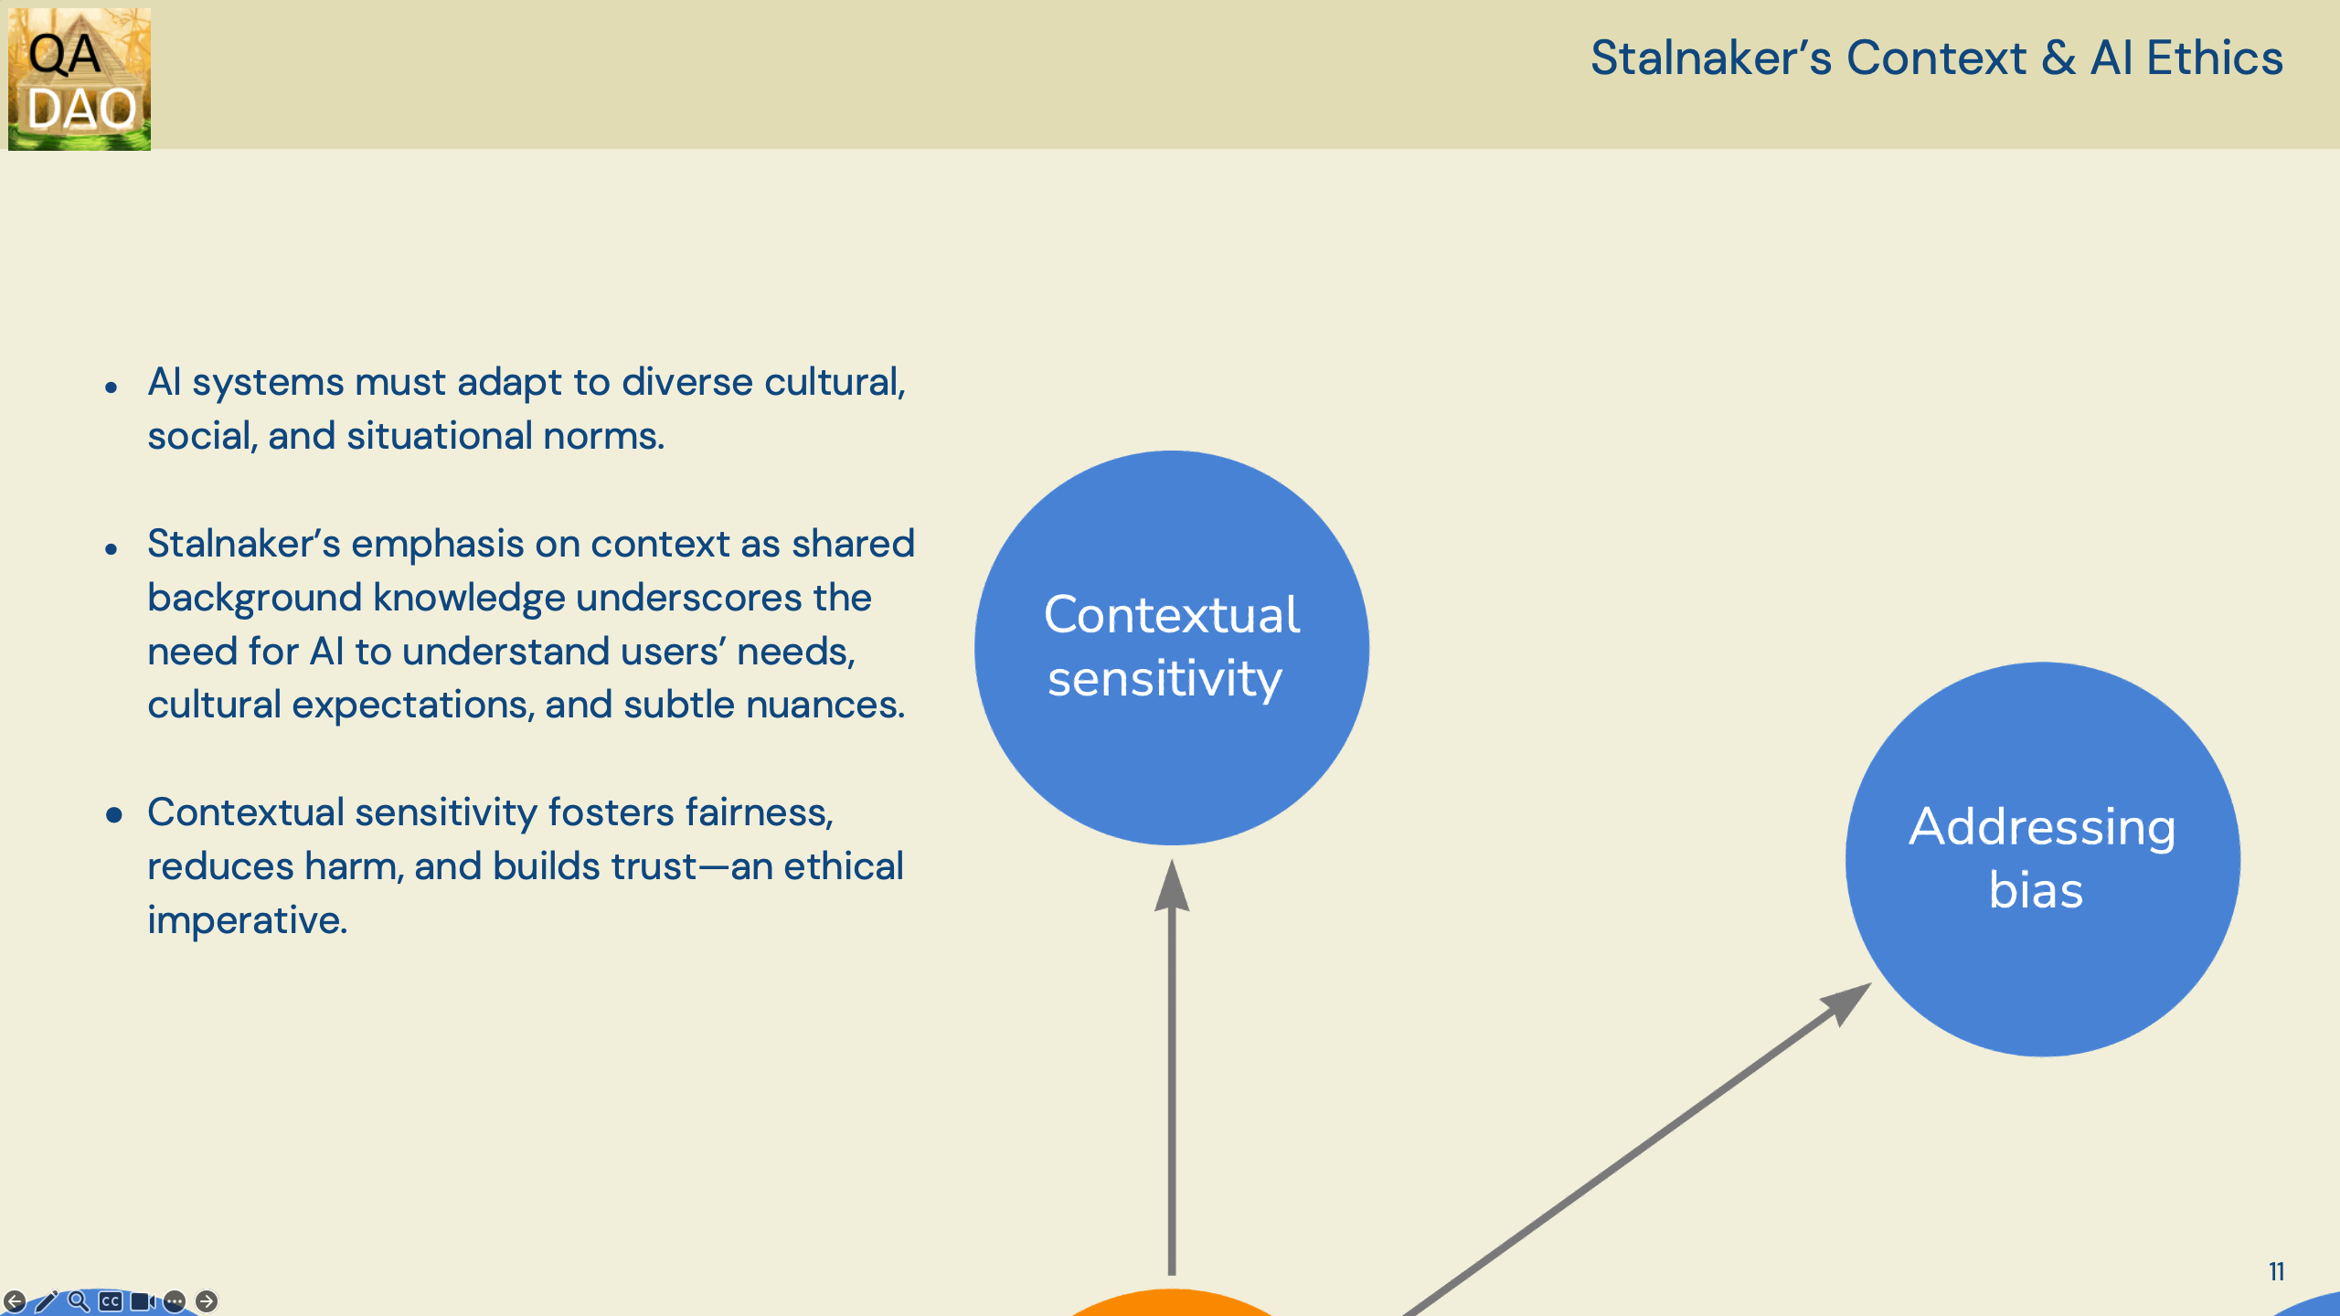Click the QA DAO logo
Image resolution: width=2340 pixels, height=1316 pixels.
click(80, 79)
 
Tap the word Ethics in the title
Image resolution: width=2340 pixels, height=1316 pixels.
click(2215, 58)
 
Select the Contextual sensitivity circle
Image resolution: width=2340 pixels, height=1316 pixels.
click(1172, 648)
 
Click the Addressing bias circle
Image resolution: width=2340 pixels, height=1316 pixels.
click(2043, 859)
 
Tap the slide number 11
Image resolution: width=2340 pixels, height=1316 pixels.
click(2276, 1271)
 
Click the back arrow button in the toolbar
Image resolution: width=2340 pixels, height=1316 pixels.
click(15, 1300)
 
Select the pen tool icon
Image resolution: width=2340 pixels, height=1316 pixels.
click(47, 1300)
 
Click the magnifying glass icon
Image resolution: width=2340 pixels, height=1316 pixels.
click(79, 1300)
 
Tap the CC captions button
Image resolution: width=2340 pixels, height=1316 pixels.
click(111, 1300)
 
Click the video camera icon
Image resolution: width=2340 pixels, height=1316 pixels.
click(143, 1300)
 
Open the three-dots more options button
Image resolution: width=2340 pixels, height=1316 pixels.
click(175, 1300)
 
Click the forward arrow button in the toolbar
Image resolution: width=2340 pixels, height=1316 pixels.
click(207, 1300)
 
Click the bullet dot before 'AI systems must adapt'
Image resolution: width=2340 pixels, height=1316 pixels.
click(112, 387)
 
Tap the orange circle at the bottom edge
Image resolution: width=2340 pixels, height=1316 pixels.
click(1172, 1303)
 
